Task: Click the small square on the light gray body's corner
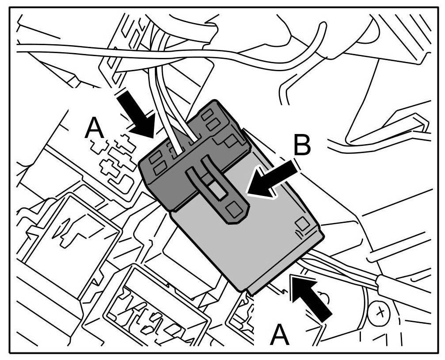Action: [x=302, y=223]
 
